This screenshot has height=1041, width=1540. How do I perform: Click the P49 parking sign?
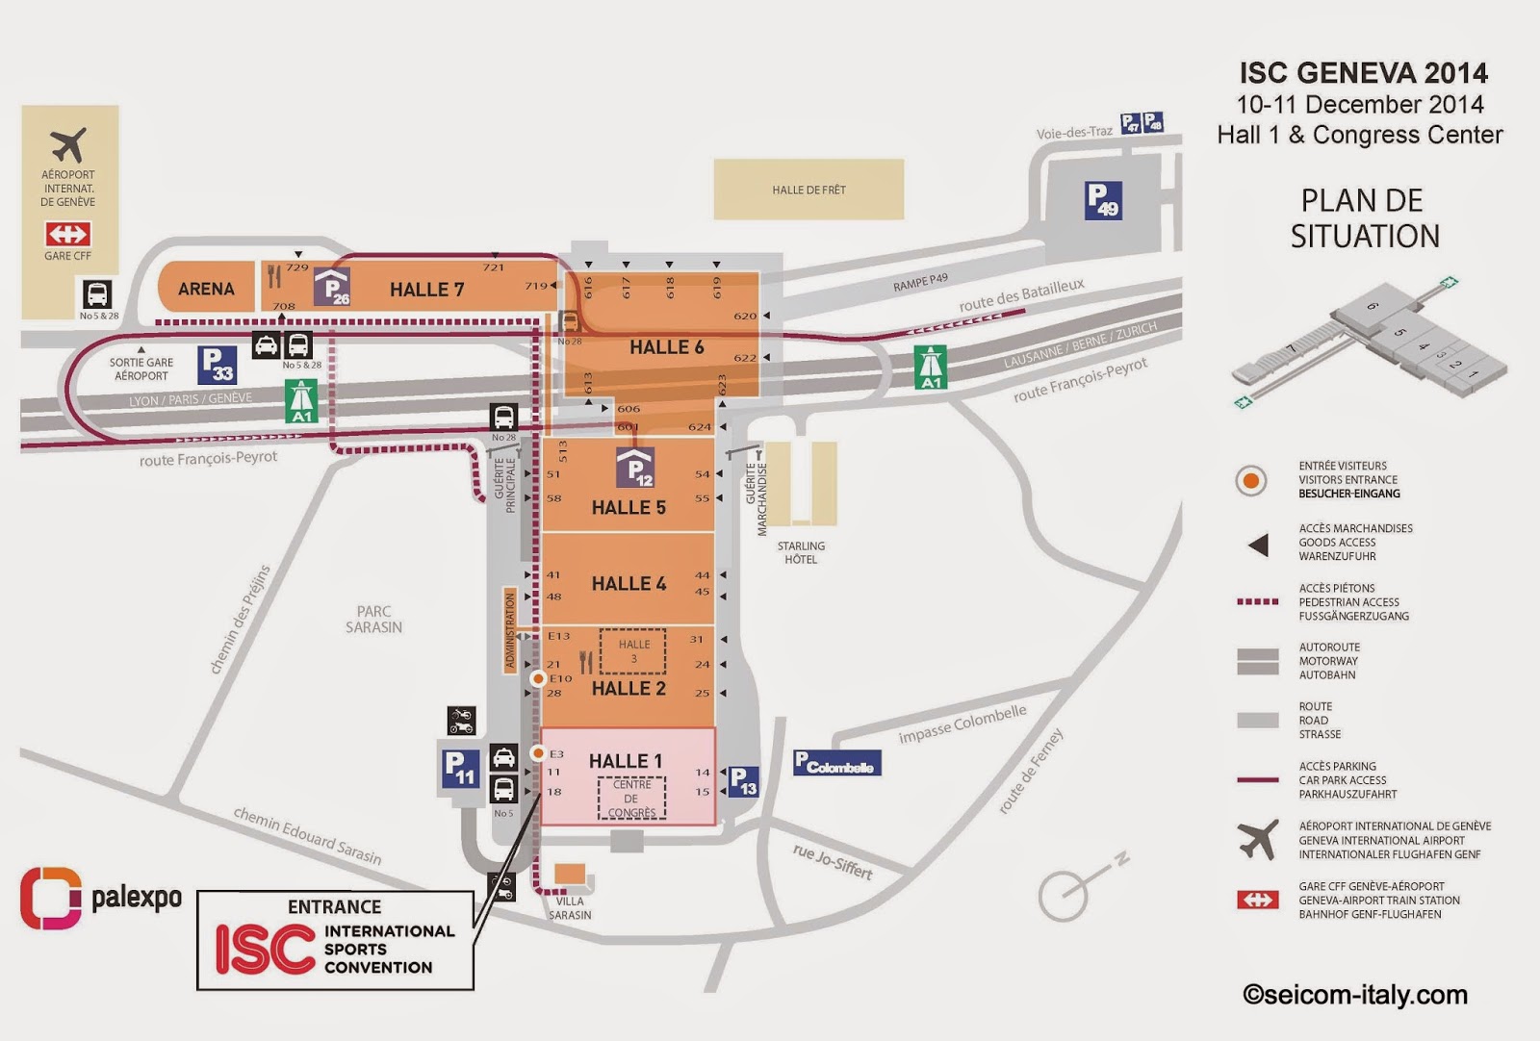(1102, 200)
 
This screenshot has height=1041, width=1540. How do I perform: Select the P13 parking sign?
(743, 781)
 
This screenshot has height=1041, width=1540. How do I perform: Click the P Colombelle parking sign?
(836, 763)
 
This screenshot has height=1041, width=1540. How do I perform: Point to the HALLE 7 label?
(426, 290)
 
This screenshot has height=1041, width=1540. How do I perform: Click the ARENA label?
(206, 289)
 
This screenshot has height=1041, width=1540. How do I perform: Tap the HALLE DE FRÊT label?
(808, 190)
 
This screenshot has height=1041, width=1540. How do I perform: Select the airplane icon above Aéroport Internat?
(68, 145)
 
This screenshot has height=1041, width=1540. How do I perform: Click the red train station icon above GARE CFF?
(67, 234)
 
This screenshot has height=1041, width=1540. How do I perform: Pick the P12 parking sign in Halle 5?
(635, 469)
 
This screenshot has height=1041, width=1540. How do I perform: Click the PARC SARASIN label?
(373, 619)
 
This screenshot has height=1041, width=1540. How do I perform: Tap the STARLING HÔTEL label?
(801, 552)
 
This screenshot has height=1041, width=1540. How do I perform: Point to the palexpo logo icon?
(50, 898)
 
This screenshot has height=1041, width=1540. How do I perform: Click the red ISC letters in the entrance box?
(265, 950)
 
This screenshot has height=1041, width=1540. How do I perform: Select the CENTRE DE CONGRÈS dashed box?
(631, 799)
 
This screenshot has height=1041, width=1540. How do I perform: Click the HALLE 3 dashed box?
(633, 651)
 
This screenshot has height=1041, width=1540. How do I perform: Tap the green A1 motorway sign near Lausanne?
(931, 368)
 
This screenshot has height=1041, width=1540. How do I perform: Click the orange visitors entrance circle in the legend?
(1250, 479)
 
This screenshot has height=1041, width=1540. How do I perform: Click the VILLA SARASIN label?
(570, 908)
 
